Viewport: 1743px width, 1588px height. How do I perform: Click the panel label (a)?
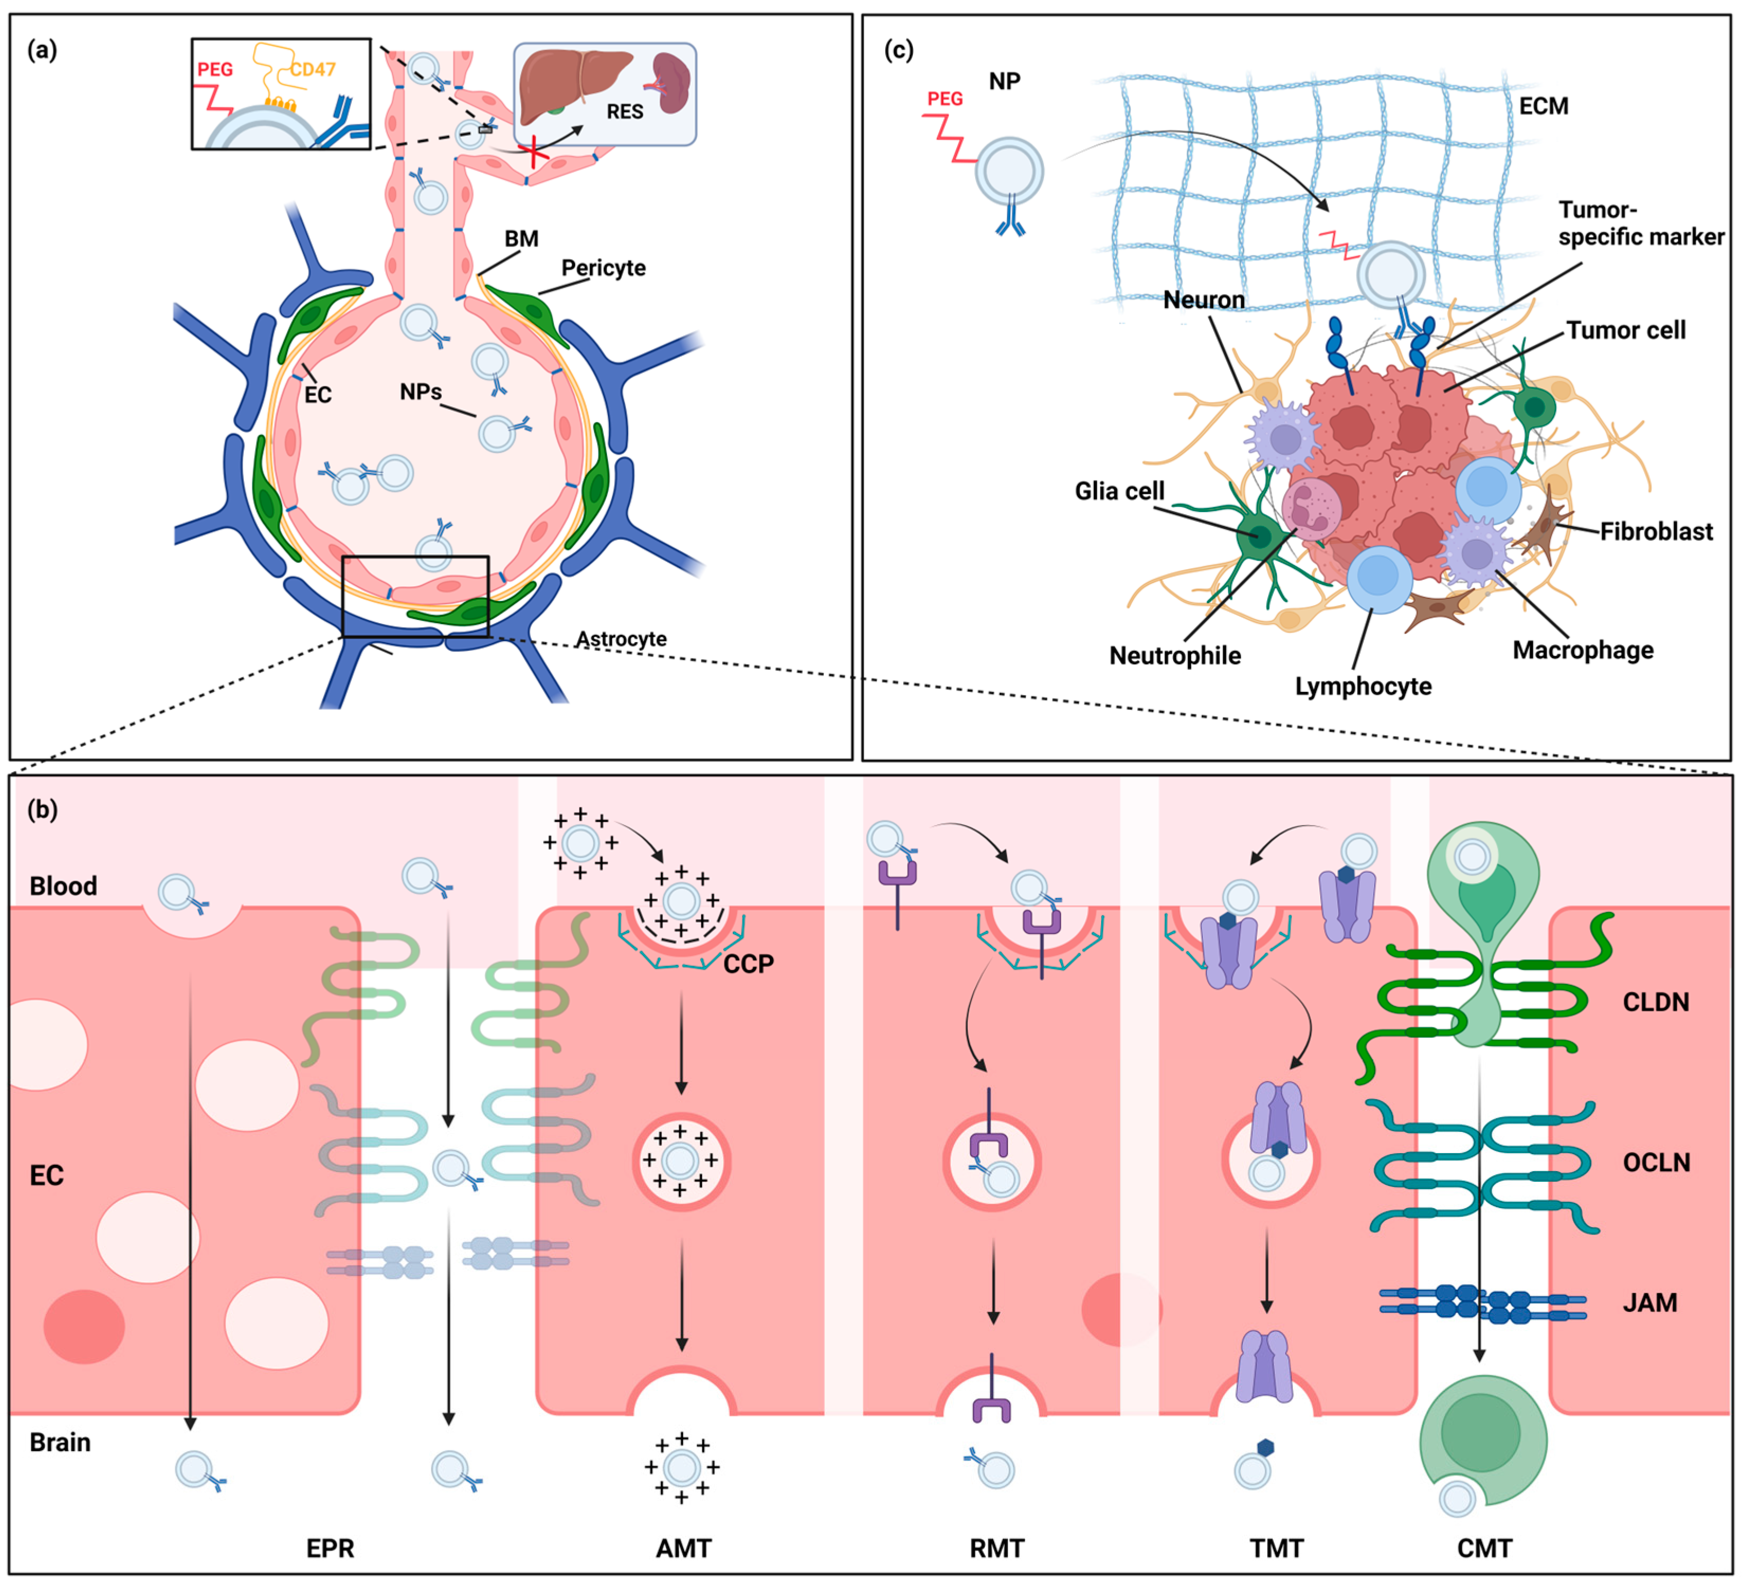[41, 50]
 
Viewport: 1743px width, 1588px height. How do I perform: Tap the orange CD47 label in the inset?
[312, 69]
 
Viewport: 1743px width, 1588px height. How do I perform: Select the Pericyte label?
[603, 268]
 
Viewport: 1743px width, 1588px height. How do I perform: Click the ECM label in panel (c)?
[1544, 106]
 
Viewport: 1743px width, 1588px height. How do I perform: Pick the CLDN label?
[1655, 1002]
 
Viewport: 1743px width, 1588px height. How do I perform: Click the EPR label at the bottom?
[330, 1548]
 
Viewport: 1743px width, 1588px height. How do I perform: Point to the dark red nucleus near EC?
[84, 1327]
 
